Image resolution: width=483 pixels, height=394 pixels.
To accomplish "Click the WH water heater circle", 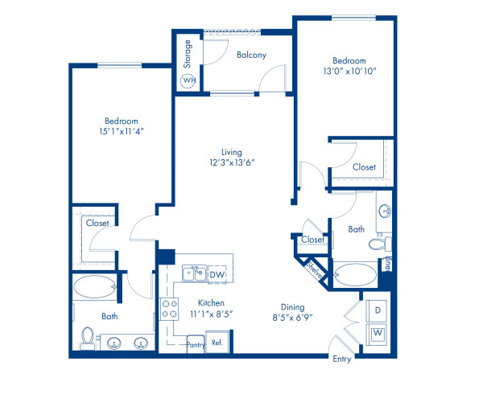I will (x=189, y=80).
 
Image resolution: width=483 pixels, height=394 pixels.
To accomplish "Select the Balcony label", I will (x=251, y=55).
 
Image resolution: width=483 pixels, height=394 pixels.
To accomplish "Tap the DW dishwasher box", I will (x=216, y=275).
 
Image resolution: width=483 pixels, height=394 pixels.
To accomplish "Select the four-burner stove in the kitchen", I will (x=169, y=307).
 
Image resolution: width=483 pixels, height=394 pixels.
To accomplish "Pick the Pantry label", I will (x=196, y=344).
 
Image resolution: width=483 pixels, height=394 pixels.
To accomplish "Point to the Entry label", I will (x=342, y=359).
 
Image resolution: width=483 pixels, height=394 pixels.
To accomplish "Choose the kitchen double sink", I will (x=193, y=274).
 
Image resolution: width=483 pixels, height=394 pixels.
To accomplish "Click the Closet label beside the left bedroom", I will (x=97, y=223).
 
